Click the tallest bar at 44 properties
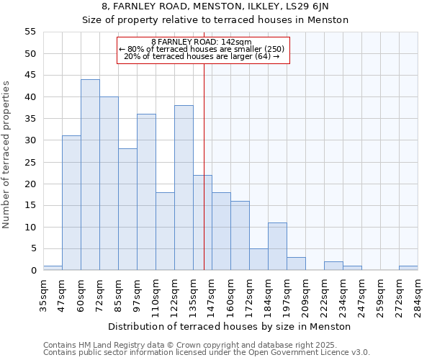coord(90,175)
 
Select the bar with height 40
coord(109,184)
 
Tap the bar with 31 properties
coord(71,203)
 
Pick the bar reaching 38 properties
coord(184,188)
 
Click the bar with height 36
coord(146,192)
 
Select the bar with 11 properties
coord(277,246)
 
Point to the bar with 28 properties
coord(127,210)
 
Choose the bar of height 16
coord(240,235)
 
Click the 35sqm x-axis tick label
coord(43,296)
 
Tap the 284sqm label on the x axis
coord(418,296)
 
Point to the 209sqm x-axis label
coord(305,296)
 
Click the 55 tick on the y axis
coord(30,32)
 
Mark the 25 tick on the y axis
coord(30,162)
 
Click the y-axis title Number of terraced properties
coord(6,155)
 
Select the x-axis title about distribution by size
coord(230,326)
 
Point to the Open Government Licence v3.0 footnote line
coord(207,353)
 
